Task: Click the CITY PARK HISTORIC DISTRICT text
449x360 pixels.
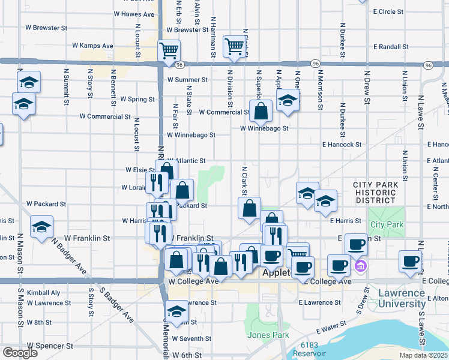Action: coord(375,193)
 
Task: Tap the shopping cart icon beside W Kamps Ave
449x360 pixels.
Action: coord(169,50)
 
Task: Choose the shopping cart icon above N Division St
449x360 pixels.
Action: coord(234,46)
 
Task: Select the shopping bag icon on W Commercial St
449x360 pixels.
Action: coord(261,111)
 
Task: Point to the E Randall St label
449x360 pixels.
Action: coord(390,46)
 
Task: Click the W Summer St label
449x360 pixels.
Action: coord(187,79)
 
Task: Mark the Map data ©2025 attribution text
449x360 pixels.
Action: coord(424,355)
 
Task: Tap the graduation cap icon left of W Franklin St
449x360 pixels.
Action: coord(41,227)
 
